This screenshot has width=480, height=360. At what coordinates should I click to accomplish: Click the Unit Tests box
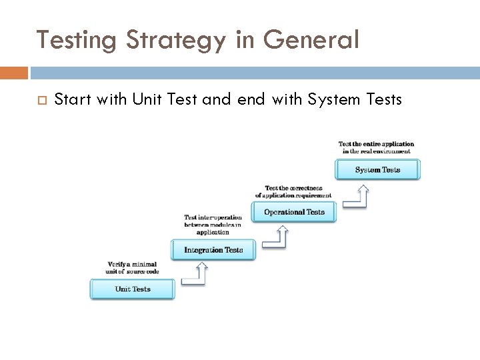[x=132, y=289]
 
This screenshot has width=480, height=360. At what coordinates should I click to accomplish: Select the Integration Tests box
[x=213, y=250]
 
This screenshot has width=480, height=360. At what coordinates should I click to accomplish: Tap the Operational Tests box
[x=294, y=212]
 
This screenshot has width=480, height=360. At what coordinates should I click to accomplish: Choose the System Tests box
[x=377, y=170]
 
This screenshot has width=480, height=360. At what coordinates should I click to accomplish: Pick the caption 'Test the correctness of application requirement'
[x=293, y=191]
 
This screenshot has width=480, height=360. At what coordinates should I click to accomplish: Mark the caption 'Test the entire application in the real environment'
[x=377, y=147]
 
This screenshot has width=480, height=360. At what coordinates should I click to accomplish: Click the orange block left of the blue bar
[x=14, y=73]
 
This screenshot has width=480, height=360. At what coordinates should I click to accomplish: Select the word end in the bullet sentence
[x=246, y=101]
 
